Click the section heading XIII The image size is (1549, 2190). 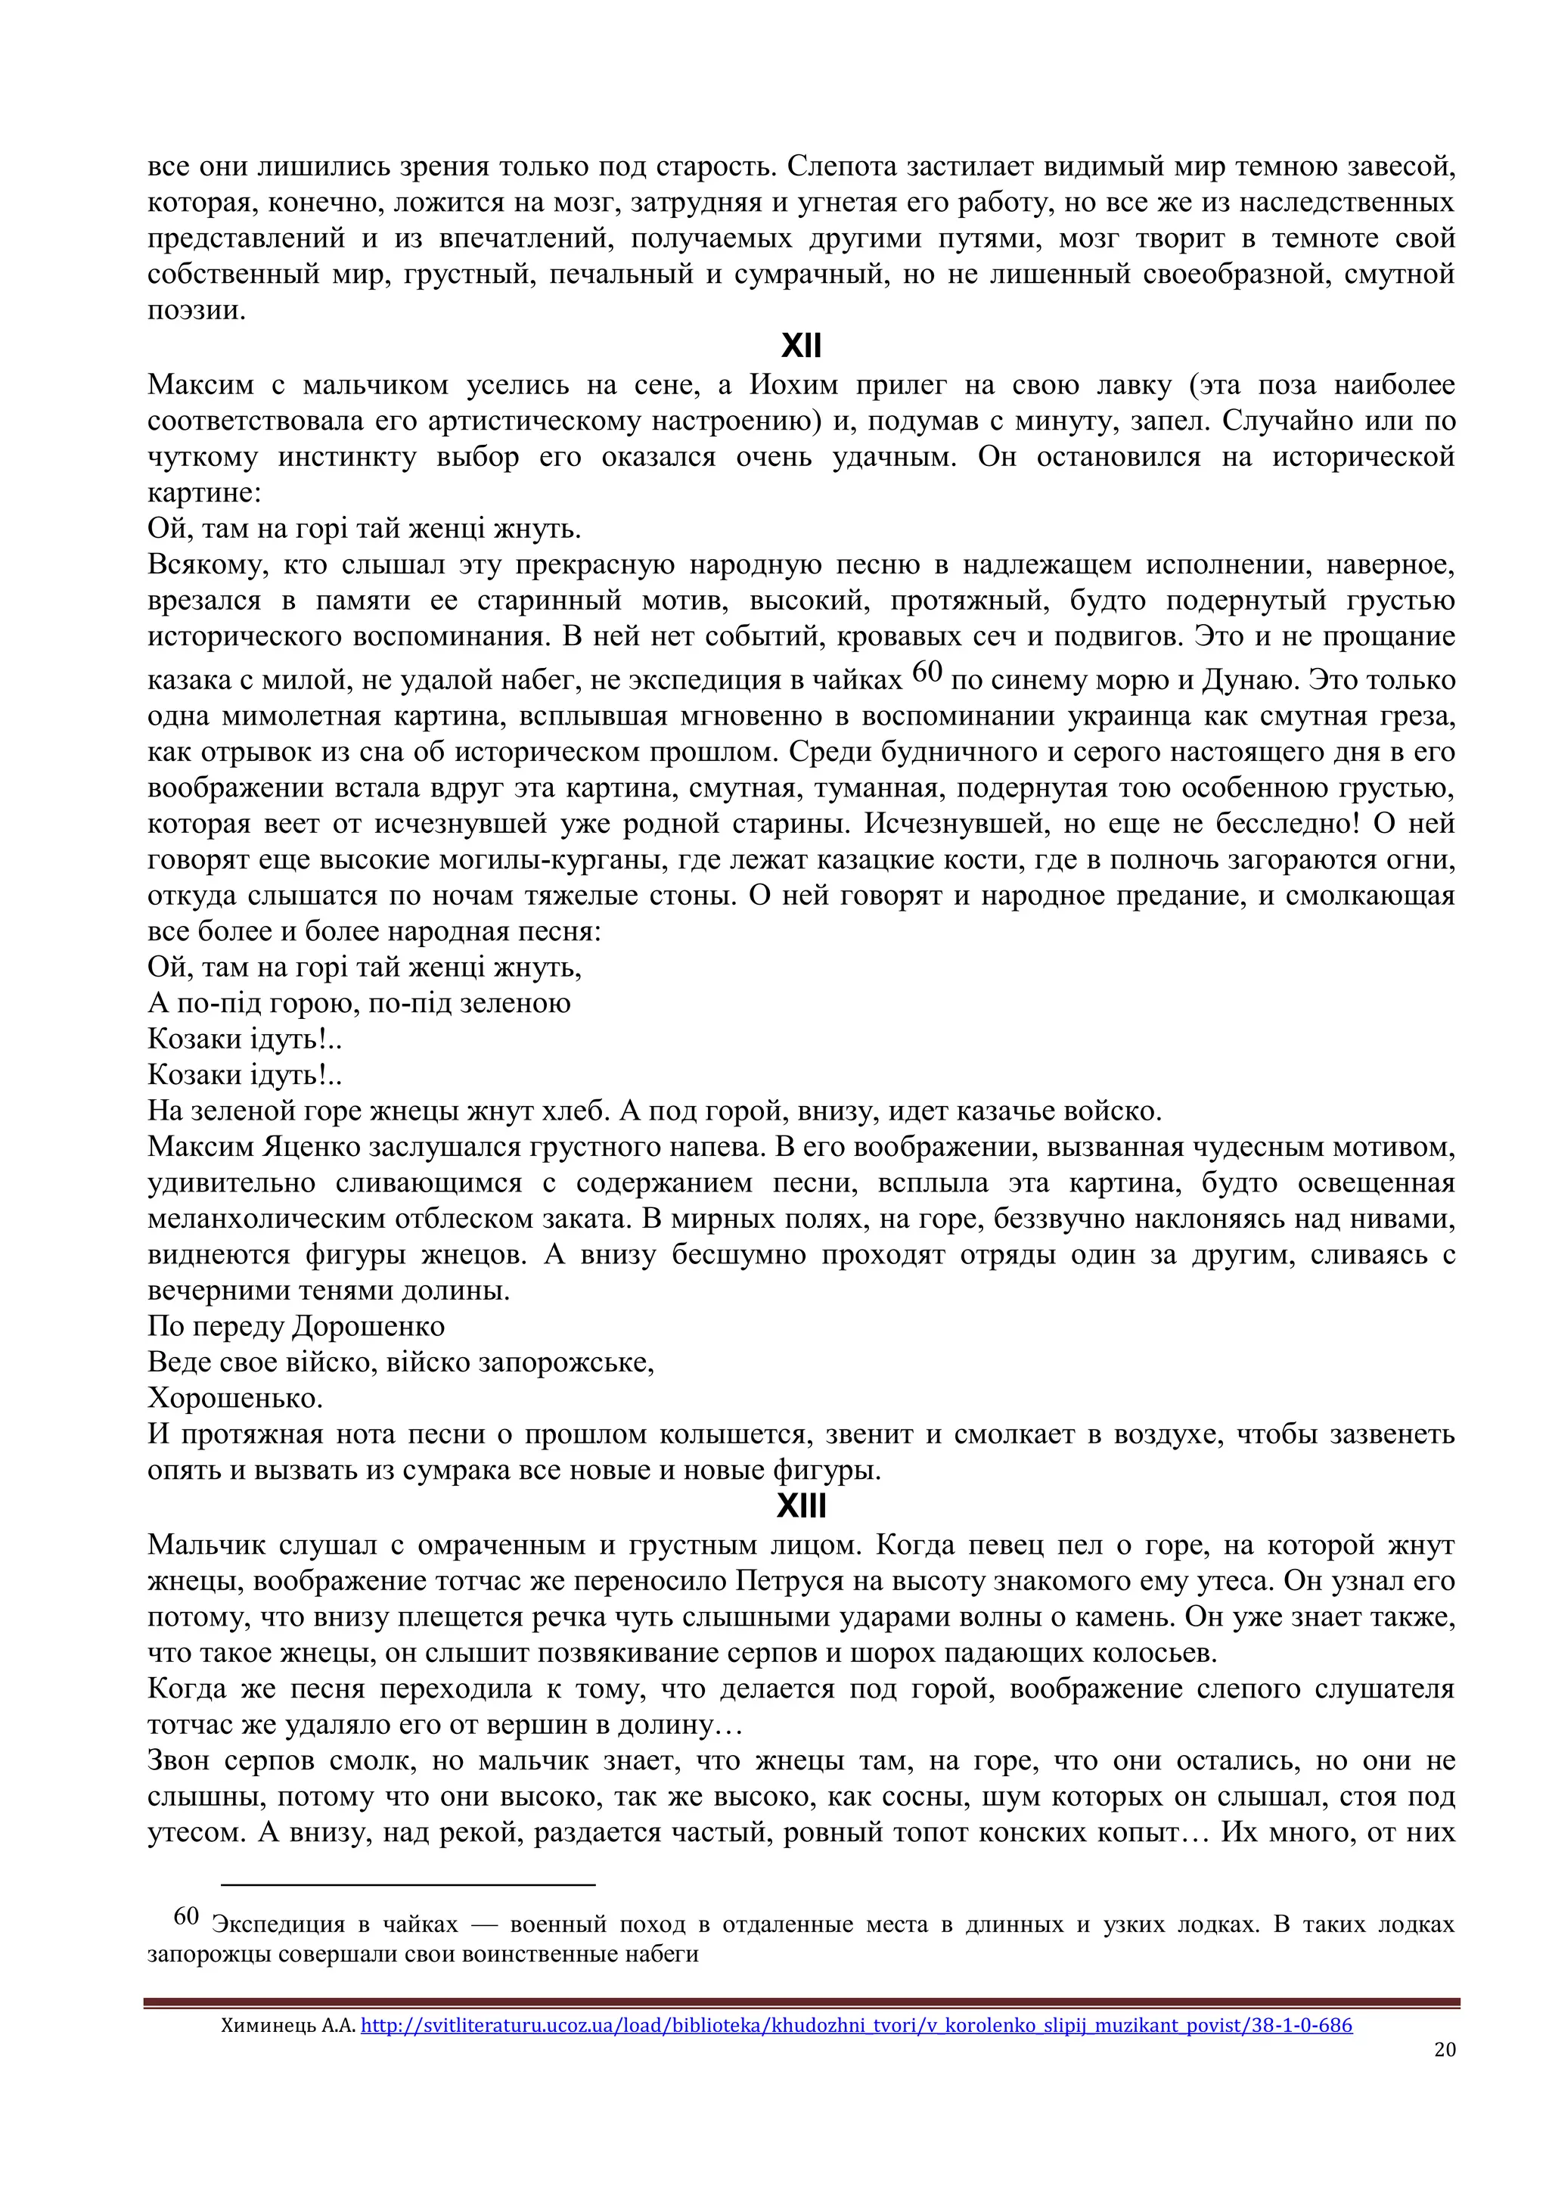800,1506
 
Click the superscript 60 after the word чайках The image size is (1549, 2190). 927,673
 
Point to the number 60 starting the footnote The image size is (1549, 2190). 186,1916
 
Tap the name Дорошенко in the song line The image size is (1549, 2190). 368,1327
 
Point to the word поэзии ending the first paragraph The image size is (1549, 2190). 196,311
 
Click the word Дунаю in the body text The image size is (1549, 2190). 1250,680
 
